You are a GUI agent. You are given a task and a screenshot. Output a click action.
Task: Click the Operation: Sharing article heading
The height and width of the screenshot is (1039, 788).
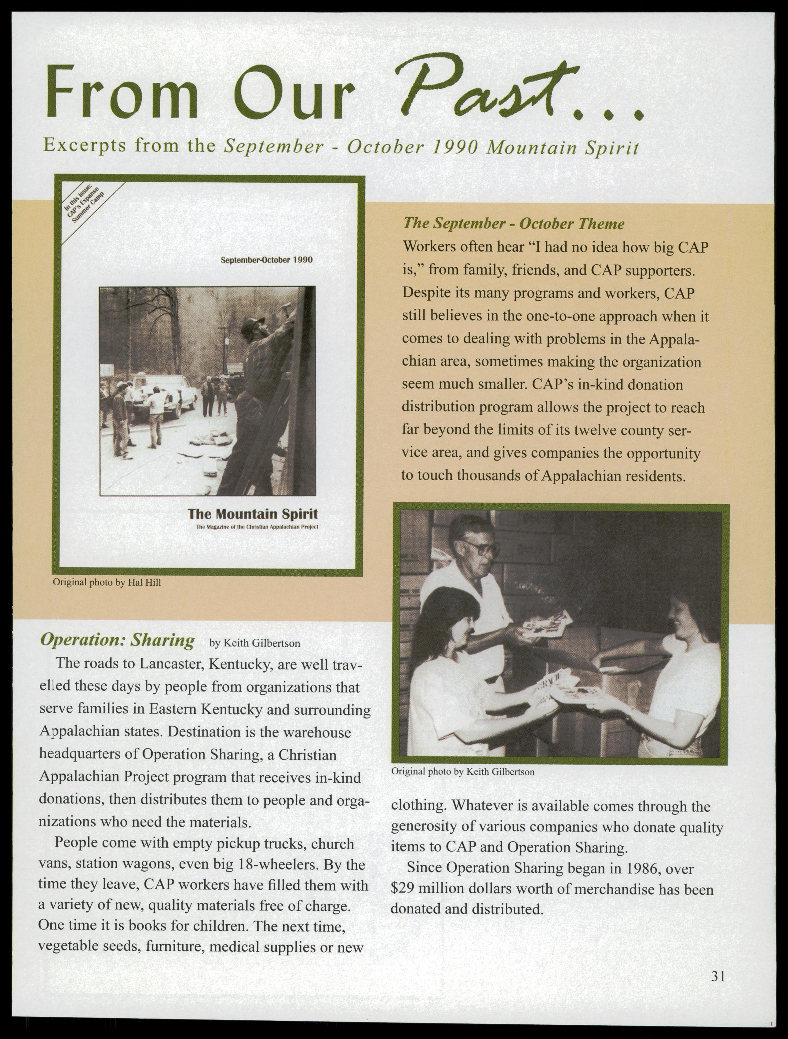117,641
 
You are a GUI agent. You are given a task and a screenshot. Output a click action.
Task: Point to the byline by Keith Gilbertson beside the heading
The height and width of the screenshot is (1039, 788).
254,643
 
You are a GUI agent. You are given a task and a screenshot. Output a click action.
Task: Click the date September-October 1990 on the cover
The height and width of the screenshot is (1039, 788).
266,259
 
